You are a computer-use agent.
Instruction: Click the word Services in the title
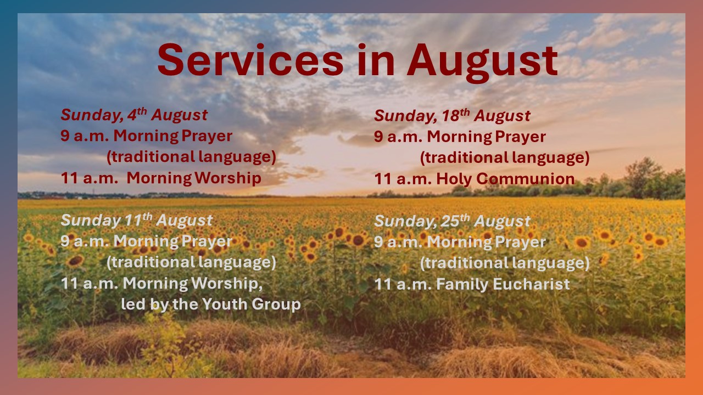point(250,60)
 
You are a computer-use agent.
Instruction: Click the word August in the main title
point(482,63)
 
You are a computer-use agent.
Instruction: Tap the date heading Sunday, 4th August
point(134,115)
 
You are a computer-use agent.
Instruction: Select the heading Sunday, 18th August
point(452,115)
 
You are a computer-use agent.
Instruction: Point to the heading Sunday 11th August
point(137,220)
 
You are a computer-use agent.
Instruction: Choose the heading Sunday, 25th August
point(452,221)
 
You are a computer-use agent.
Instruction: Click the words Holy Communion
point(505,179)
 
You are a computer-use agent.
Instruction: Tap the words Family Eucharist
point(503,284)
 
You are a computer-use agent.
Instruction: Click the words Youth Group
point(252,304)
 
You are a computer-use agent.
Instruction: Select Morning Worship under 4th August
point(194,178)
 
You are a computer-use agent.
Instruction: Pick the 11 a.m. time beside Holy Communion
point(403,179)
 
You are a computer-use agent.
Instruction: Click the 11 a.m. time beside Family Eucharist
point(403,284)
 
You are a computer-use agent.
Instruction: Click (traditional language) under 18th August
point(505,157)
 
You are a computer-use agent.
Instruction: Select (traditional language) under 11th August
point(192,262)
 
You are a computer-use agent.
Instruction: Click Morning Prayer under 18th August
point(487,137)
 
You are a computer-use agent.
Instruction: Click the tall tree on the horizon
point(643,177)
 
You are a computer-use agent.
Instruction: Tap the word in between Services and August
point(376,60)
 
